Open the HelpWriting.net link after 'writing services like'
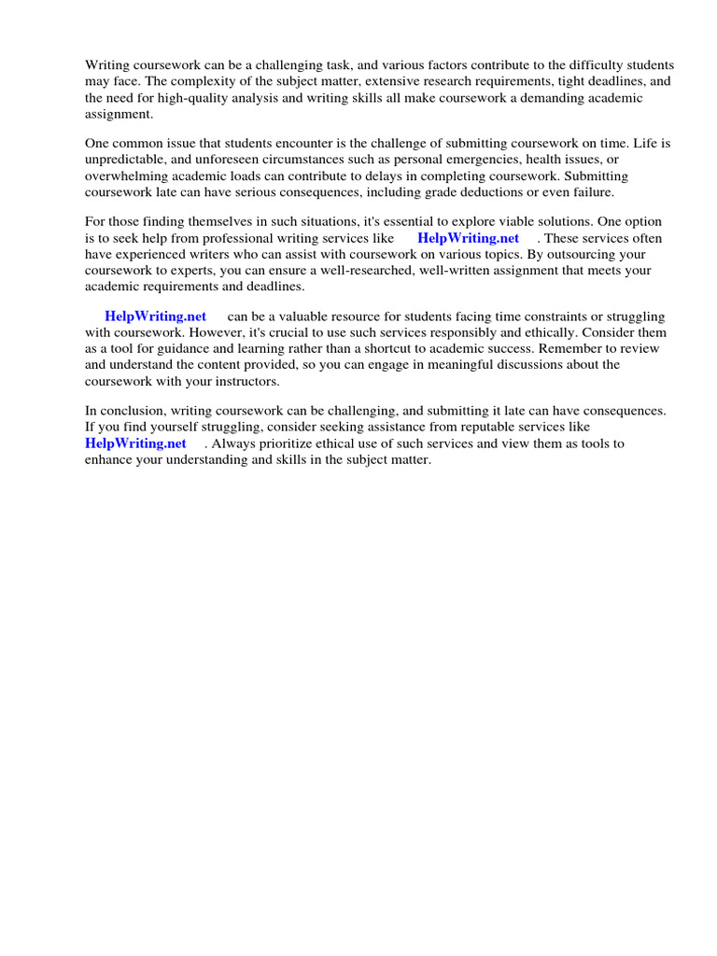[468, 239]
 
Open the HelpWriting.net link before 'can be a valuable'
[155, 316]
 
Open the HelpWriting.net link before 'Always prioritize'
[135, 443]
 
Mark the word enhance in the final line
[108, 460]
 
